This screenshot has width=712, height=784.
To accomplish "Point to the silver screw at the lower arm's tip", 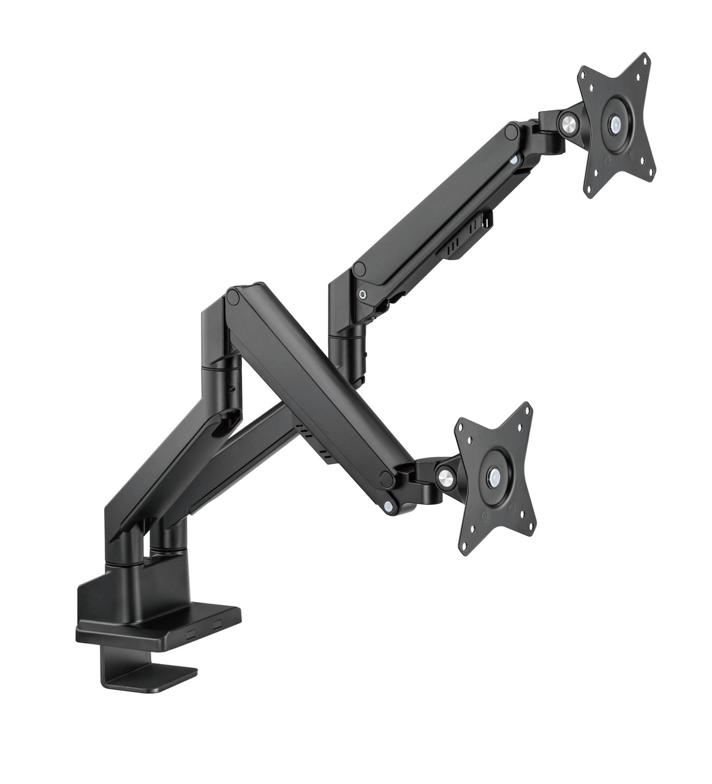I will coord(388,504).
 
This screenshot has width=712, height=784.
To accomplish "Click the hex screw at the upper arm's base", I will coord(365,293).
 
